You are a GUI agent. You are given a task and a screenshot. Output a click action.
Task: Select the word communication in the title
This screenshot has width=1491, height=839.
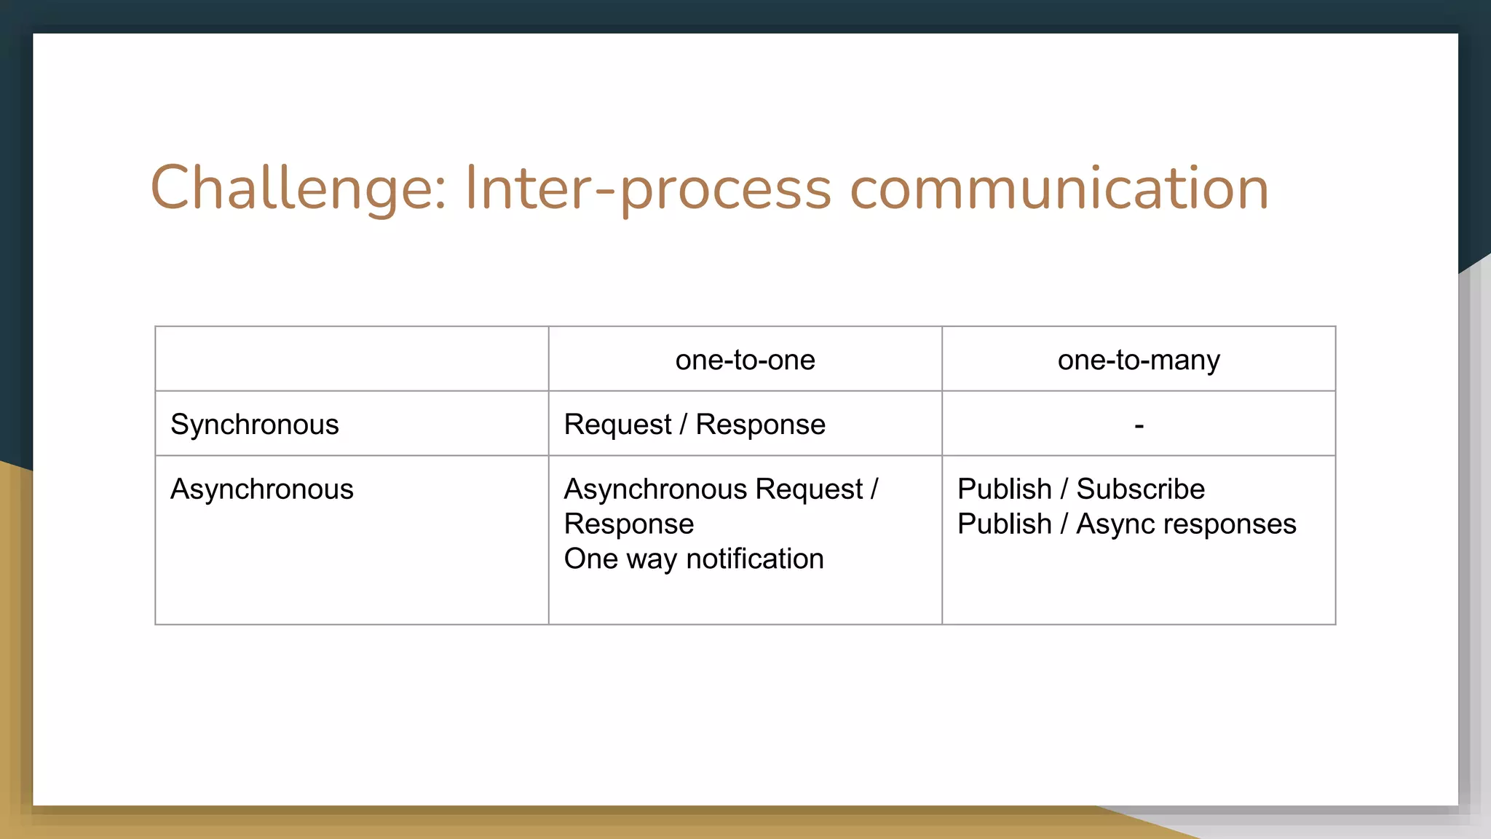coord(1059,189)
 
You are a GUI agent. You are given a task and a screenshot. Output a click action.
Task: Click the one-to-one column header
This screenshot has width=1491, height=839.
coord(745,360)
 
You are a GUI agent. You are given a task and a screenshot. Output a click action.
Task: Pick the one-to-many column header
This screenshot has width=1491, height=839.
coord(1139,360)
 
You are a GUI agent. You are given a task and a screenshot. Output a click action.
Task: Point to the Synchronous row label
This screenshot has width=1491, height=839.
coord(254,425)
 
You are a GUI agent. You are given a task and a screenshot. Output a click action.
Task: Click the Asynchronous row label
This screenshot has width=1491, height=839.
coord(261,489)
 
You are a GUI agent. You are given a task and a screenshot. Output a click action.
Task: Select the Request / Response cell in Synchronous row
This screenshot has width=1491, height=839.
coord(695,425)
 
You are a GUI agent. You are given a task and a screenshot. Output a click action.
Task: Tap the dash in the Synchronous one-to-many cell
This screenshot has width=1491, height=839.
coord(1139,425)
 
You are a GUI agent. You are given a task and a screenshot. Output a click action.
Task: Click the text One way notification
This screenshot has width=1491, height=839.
coord(693,559)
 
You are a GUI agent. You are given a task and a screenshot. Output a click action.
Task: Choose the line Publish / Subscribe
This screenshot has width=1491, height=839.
coord(1080,489)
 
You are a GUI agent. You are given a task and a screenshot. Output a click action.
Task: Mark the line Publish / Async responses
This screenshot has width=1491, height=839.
coord(1126,524)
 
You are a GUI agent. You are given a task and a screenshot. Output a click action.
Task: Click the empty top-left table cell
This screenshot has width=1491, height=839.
coord(352,359)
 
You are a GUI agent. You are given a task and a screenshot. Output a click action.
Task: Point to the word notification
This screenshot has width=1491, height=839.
coord(755,559)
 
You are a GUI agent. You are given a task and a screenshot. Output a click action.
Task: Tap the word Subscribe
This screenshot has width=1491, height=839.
coord(1140,489)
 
